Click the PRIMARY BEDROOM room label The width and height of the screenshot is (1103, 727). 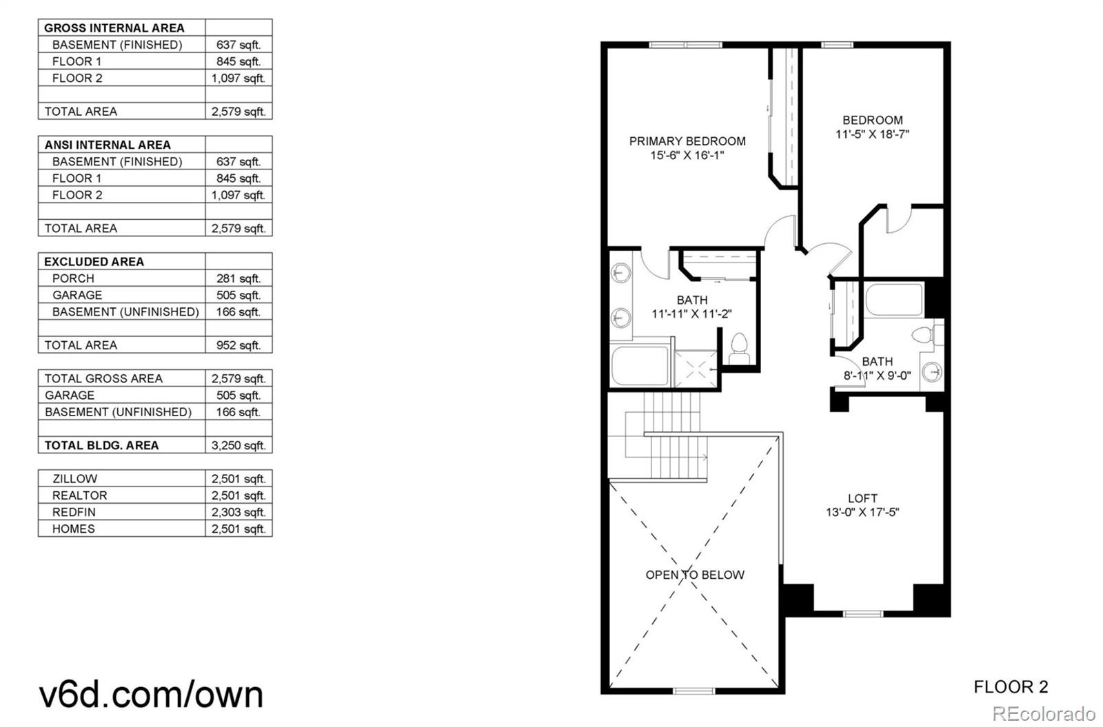(687, 141)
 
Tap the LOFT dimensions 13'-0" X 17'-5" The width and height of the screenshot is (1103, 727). (862, 513)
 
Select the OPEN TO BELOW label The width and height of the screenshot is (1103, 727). (695, 575)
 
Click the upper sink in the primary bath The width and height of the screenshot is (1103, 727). (620, 273)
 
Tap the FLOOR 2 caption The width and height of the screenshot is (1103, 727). (1011, 687)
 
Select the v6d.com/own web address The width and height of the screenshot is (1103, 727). (151, 694)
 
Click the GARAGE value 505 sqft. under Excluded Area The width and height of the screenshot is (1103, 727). (239, 295)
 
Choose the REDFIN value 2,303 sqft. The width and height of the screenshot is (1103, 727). (239, 512)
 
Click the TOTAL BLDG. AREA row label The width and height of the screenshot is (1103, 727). (101, 445)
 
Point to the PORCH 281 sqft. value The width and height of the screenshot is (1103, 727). (239, 278)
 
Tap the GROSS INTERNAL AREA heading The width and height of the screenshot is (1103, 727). (114, 28)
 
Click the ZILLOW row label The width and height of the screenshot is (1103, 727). (74, 478)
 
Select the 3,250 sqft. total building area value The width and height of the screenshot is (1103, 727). (239, 445)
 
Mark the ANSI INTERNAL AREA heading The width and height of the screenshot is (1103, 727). (108, 145)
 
